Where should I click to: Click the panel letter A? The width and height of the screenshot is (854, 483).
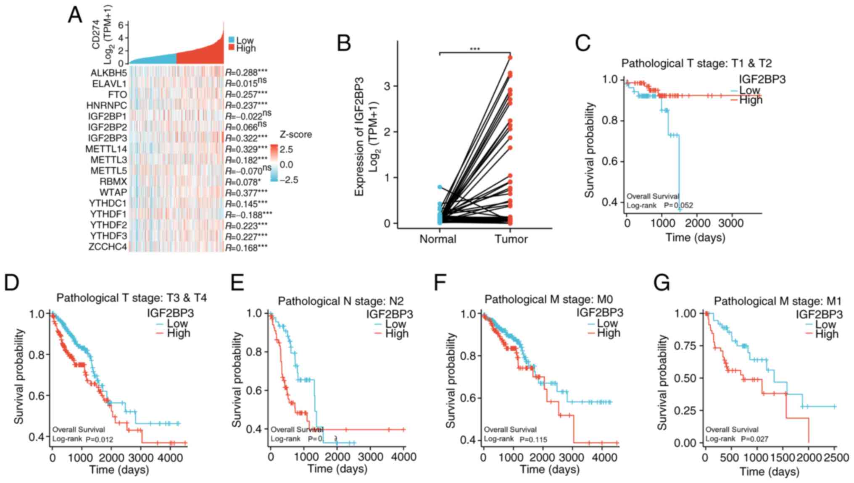[x=75, y=15]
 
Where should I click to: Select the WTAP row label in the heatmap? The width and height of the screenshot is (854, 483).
[x=113, y=193]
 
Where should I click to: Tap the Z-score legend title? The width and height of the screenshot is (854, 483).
[x=296, y=135]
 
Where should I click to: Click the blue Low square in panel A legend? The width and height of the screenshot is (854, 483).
[x=232, y=40]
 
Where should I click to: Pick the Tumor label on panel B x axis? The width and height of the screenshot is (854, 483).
[x=511, y=239]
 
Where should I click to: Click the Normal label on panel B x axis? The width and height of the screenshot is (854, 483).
[x=438, y=239]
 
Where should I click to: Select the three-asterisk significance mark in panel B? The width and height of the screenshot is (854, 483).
[x=475, y=49]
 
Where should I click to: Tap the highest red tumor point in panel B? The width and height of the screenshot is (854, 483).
[x=510, y=58]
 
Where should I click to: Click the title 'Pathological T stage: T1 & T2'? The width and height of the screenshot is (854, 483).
[x=696, y=63]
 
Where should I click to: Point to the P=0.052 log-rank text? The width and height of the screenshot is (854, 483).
[x=678, y=205]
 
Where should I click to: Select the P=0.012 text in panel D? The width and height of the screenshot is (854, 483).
[x=100, y=439]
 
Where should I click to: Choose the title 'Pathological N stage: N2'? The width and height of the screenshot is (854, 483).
[x=340, y=301]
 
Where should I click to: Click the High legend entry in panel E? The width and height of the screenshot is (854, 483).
[x=396, y=334]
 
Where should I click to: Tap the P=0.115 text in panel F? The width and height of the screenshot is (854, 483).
[x=533, y=439]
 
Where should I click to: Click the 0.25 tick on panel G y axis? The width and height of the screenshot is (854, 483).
[x=685, y=410]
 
